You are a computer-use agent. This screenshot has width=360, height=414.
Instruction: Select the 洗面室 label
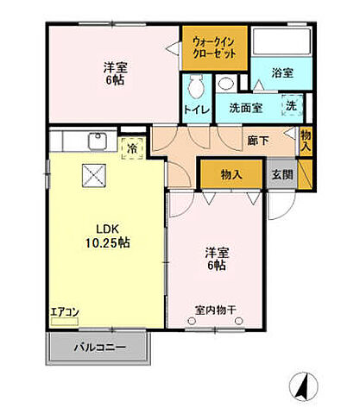pyautogui.click(x=247, y=108)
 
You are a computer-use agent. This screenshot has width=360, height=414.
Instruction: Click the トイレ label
pyautogui.click(x=195, y=110)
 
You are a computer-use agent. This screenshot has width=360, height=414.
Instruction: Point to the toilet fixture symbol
pyautogui.click(x=194, y=86)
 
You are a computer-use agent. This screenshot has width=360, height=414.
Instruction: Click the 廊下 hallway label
pyautogui.click(x=256, y=140)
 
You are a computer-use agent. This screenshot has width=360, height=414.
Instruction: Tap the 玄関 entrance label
pyautogui.click(x=281, y=174)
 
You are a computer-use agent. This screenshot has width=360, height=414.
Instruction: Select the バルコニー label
pyautogui.click(x=99, y=348)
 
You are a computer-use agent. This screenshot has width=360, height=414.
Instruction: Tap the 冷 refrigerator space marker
pyautogui.click(x=132, y=147)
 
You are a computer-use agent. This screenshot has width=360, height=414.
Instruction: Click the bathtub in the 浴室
pyautogui.click(x=276, y=41)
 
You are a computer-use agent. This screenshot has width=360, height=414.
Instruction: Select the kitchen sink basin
pyautogui.click(x=96, y=141)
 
